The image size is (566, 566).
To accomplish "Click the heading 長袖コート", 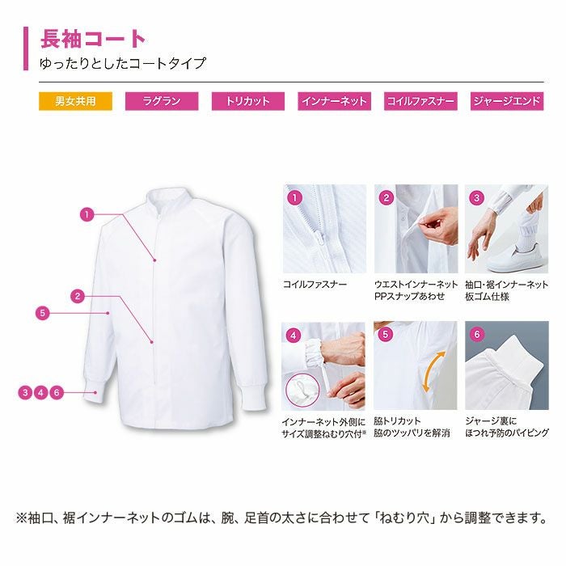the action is [93, 39].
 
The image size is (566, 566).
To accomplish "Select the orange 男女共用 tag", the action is [75, 101].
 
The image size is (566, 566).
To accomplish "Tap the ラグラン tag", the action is [162, 101].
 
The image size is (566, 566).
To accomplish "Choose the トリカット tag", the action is [248, 101].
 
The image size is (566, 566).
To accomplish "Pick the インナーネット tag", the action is [334, 101].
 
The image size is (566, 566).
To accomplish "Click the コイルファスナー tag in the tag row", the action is [420, 101].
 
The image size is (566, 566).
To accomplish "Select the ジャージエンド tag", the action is [507, 101].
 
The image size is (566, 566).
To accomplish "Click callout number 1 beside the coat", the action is [87, 215].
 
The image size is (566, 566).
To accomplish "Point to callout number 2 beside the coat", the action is [78, 297].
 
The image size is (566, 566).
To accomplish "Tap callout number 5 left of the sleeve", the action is [43, 313].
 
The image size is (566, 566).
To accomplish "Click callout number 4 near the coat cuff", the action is [40, 392].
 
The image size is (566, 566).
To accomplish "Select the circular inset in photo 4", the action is [302, 391].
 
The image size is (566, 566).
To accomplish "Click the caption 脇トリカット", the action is [397, 421].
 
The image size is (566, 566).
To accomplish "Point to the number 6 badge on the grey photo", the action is [477, 334].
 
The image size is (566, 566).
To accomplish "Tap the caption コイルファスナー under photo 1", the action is [315, 285].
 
